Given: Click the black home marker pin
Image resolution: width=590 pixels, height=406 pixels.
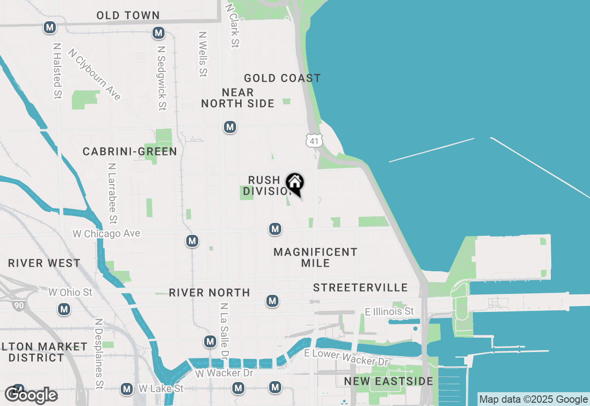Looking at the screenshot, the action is [295, 184].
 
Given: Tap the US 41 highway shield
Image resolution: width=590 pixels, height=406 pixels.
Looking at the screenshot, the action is [314, 141].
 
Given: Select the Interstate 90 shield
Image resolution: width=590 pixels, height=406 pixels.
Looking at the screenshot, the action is [18, 305].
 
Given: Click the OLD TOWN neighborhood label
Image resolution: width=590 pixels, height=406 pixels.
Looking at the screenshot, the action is [128, 15].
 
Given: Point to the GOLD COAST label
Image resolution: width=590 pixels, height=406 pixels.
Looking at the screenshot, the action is [282, 78].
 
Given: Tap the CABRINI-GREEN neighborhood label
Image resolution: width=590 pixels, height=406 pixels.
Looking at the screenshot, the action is [130, 151].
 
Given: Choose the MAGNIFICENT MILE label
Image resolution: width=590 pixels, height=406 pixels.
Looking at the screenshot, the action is [315, 257].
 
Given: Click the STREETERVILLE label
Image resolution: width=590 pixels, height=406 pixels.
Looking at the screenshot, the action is [360, 287].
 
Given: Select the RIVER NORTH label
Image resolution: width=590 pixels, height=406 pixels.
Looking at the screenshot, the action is [209, 293].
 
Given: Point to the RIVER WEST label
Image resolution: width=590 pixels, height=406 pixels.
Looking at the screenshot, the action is [44, 263].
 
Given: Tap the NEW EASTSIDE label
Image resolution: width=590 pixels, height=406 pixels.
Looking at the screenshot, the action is [389, 381].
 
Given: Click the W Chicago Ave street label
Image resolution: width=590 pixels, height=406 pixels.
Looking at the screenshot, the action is [106, 234].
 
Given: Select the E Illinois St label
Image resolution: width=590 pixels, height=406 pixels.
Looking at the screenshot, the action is [389, 311].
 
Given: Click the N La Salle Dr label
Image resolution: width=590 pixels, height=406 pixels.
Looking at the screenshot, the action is [224, 331].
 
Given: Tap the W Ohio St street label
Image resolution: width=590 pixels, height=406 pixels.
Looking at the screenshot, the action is [71, 292].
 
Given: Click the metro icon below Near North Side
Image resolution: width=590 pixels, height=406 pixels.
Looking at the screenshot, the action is [230, 127].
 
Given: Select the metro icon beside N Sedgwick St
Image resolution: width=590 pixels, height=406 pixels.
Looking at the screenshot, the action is [159, 33].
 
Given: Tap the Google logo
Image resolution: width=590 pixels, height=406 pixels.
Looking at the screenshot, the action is [31, 395].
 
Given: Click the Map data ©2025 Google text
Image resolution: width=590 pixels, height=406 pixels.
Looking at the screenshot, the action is [533, 400].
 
